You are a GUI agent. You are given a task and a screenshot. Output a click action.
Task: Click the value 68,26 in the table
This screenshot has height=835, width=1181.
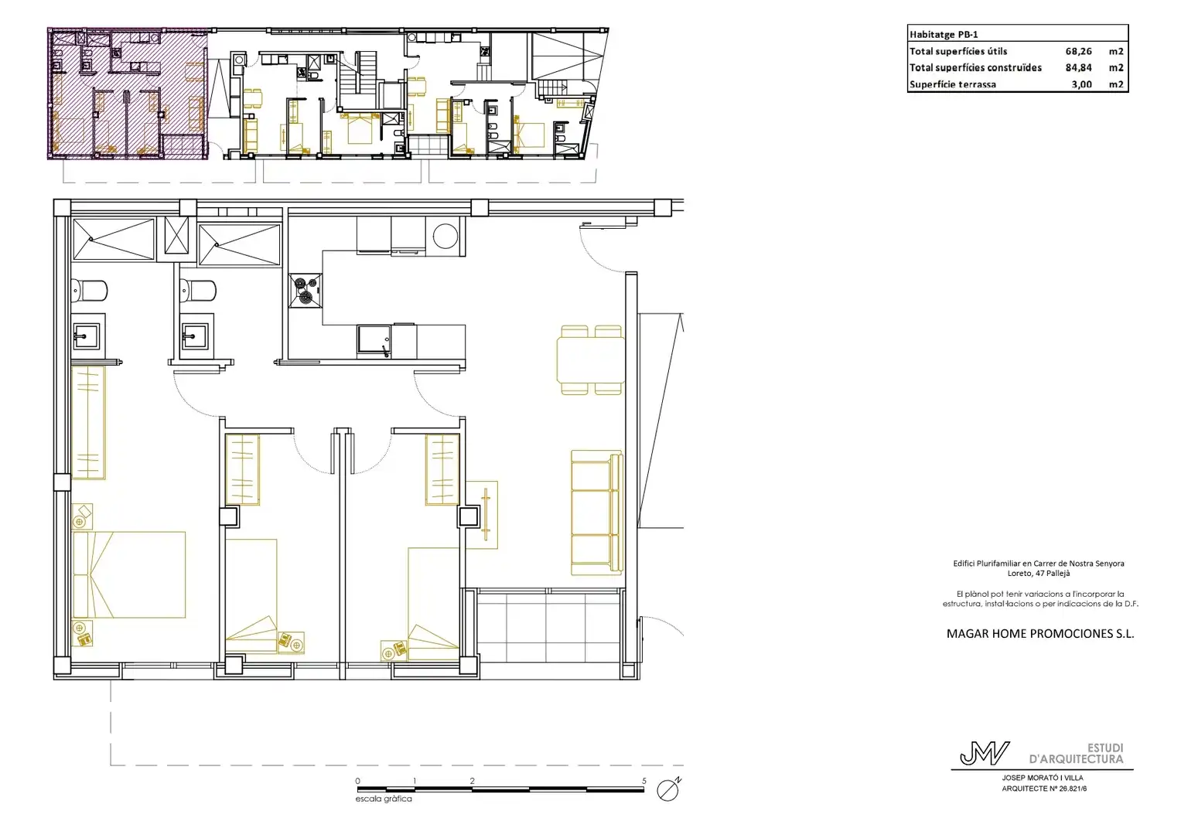click(x=1078, y=51)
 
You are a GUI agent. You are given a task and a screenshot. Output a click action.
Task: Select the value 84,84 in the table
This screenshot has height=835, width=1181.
click(x=1078, y=67)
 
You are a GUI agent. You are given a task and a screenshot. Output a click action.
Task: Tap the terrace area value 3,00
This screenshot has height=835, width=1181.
click(x=1081, y=84)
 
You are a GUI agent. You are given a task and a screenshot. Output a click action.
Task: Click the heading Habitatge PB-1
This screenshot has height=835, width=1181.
click(x=944, y=35)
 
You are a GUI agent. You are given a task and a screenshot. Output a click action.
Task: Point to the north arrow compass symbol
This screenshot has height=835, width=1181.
click(x=668, y=789)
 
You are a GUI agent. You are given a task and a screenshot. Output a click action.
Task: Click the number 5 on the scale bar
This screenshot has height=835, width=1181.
click(x=643, y=781)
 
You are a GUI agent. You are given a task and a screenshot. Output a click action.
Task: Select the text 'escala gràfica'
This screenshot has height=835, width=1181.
click(x=384, y=799)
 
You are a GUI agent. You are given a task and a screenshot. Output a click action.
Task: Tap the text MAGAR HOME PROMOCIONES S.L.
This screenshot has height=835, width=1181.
click(x=1040, y=634)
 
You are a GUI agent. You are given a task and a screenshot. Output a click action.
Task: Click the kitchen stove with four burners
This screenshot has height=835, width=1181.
click(x=305, y=291)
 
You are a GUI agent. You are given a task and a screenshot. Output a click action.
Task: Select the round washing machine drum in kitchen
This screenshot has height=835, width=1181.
click(x=445, y=236)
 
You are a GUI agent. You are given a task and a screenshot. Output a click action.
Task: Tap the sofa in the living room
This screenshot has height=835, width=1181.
click(x=597, y=513)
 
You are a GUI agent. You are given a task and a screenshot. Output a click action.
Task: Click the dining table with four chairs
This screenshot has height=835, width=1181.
click(x=591, y=360)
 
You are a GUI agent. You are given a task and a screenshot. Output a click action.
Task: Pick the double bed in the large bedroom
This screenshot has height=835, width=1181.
click(x=129, y=574)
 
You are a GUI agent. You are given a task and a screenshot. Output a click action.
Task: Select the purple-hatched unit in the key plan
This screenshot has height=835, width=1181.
click(x=127, y=94)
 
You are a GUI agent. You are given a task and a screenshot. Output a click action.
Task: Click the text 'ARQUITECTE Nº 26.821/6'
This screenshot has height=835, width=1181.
click(x=1044, y=789)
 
